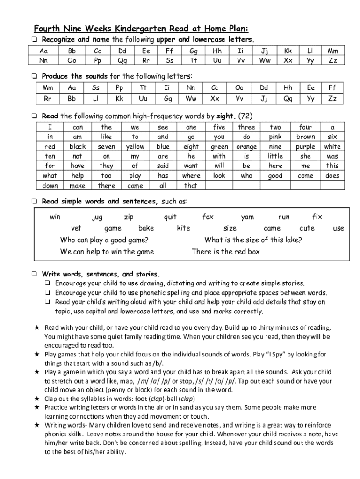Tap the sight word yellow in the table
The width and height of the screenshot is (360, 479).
click(135, 146)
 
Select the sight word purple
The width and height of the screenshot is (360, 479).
click(305, 146)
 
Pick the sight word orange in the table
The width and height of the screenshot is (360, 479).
click(246, 146)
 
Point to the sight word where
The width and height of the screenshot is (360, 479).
click(191, 176)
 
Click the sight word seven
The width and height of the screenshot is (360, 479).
click(107, 146)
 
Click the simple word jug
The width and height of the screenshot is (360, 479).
click(97, 217)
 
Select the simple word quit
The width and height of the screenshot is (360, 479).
click(170, 217)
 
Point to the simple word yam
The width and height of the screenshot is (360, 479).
click(247, 217)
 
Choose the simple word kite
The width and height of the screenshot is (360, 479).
click(183, 228)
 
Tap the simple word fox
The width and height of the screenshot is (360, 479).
click(208, 217)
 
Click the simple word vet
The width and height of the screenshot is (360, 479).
click(76, 228)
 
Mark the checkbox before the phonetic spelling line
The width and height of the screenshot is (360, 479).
click(48, 293)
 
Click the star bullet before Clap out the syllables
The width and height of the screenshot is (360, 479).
click(37, 399)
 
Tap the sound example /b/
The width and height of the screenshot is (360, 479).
click(158, 363)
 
